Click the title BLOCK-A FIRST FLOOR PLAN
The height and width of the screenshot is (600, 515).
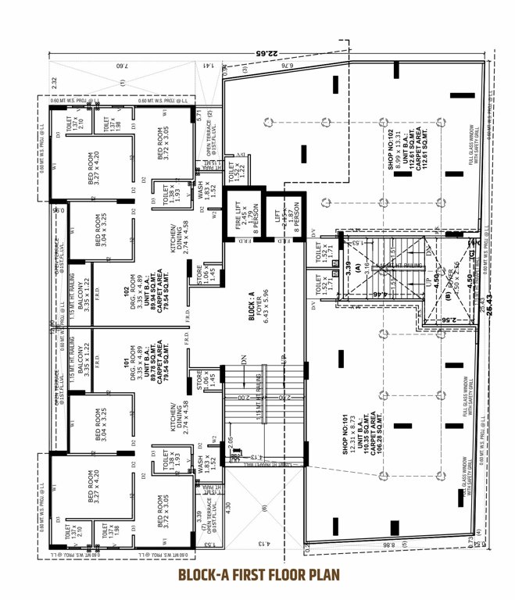(257, 576)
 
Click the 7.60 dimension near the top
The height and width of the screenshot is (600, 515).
(120, 68)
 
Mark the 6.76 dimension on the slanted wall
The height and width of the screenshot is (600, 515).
(285, 69)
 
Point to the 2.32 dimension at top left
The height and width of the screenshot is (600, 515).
(54, 83)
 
